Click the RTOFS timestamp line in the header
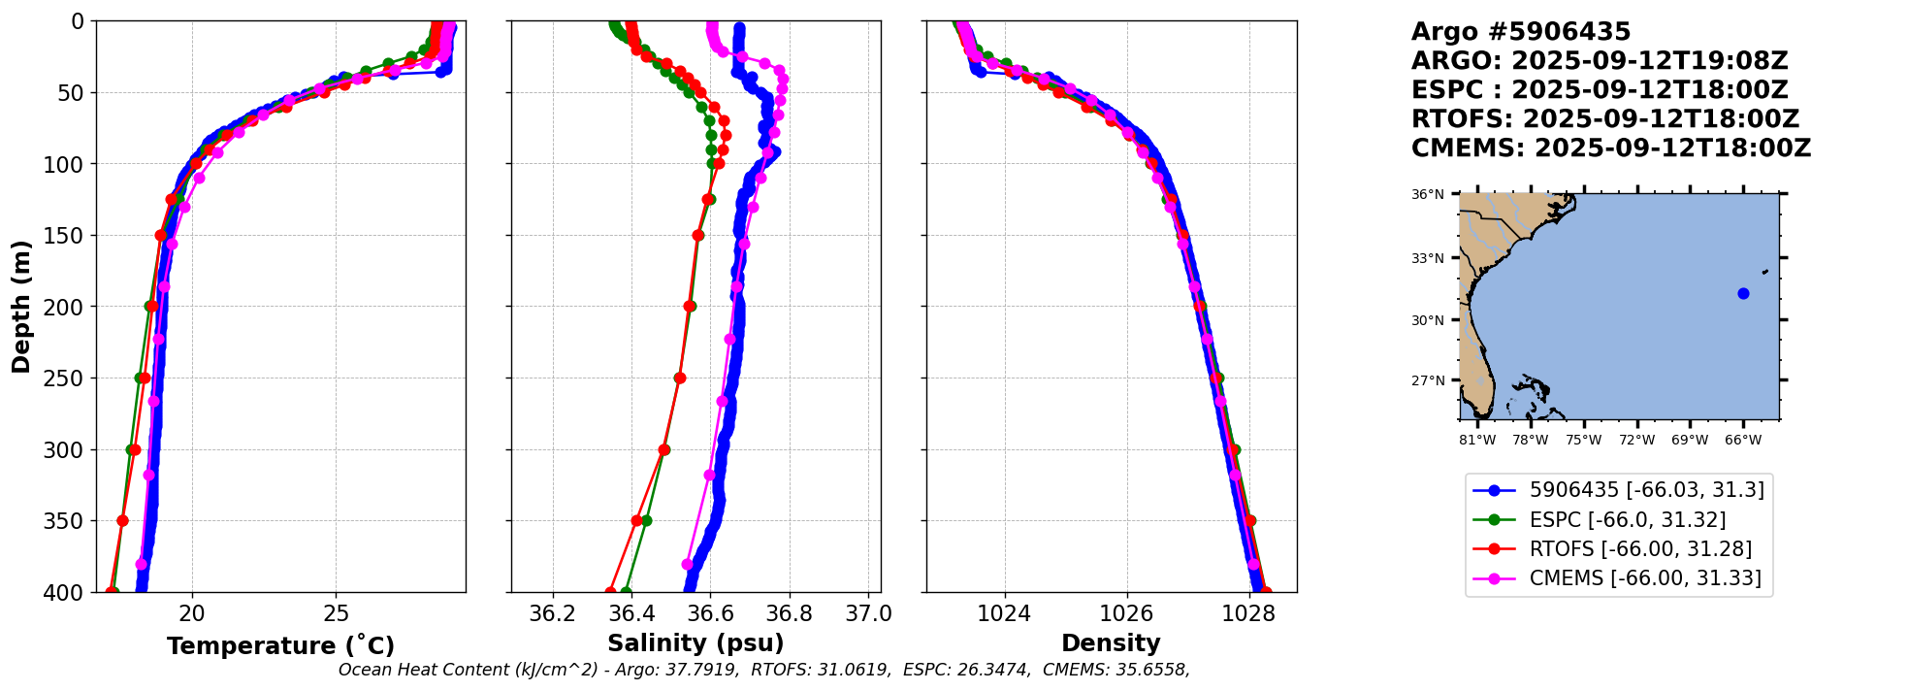(x=1604, y=119)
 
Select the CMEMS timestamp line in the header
(x=1610, y=148)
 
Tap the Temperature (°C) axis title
(x=280, y=645)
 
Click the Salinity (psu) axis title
(x=695, y=643)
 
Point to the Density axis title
(x=1111, y=643)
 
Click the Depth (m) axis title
(x=21, y=307)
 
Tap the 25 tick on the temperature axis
(x=336, y=614)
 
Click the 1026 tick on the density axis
(x=1126, y=614)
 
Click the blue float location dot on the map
(x=1743, y=293)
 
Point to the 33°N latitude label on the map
(x=1427, y=258)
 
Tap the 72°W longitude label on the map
(x=1636, y=441)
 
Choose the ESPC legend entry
(x=1627, y=520)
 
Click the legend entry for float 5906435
(x=1646, y=490)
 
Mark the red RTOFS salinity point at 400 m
(x=610, y=592)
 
